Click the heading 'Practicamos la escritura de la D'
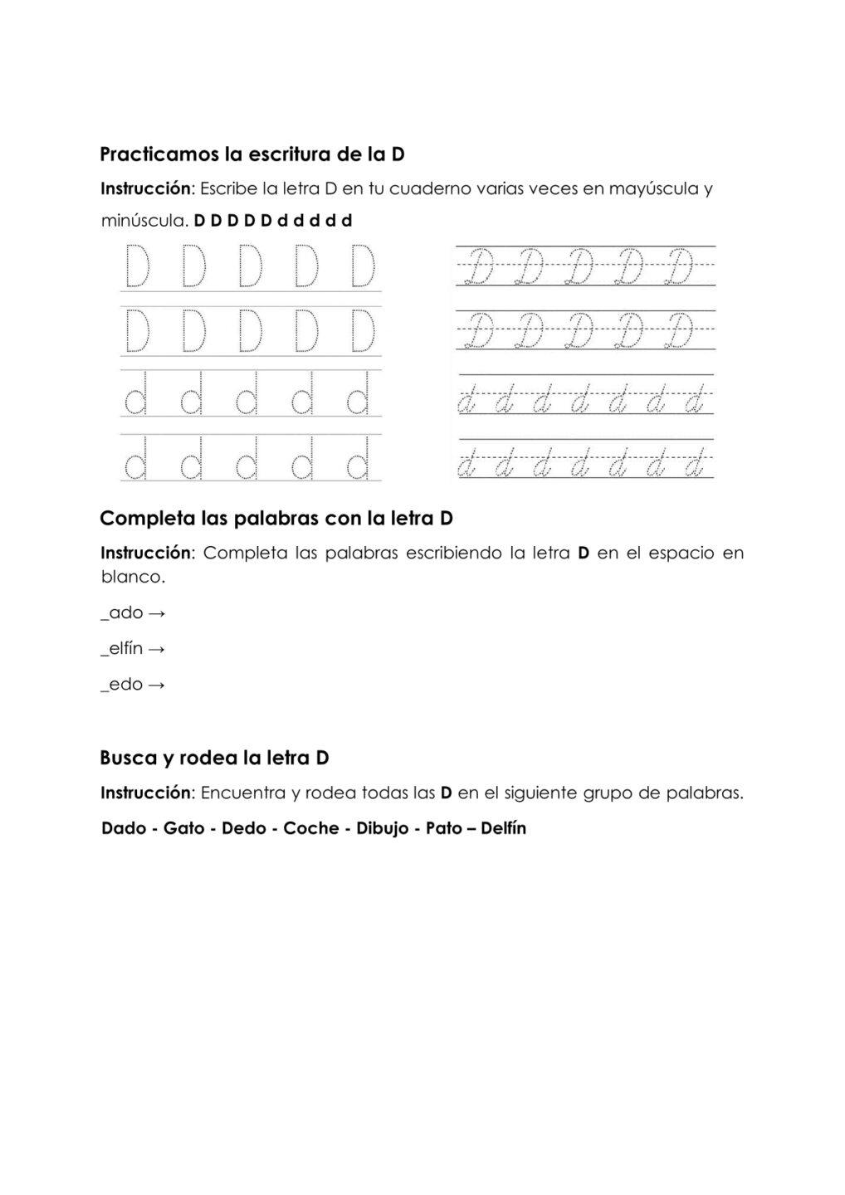[x=252, y=154]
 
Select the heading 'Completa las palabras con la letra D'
[x=276, y=519]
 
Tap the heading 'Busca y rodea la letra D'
[x=214, y=758]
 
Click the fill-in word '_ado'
[x=122, y=612]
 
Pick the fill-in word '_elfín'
[x=122, y=648]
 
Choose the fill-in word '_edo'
[x=122, y=685]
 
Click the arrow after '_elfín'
[x=157, y=649]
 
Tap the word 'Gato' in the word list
[x=184, y=828]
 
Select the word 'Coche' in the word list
[x=311, y=828]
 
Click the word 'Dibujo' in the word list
[x=383, y=828]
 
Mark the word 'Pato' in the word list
[x=444, y=828]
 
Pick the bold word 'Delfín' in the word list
[x=503, y=828]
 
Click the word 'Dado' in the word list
[x=124, y=828]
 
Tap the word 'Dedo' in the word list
[x=244, y=828]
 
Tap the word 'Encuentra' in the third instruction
[x=243, y=793]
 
